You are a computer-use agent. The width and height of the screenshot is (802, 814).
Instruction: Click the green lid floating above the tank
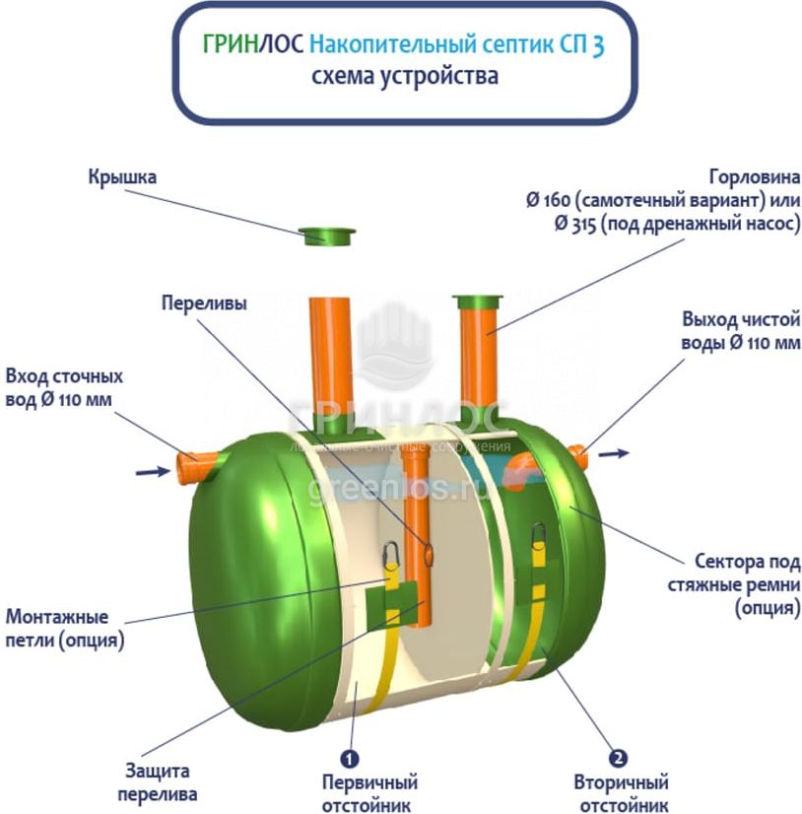[328, 236]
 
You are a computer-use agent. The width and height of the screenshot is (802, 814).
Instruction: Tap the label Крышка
[122, 177]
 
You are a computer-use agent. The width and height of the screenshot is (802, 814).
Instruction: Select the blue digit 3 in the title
[598, 46]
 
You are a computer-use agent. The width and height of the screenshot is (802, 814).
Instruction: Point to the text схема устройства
[404, 76]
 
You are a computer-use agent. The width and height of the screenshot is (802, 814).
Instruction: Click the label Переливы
[204, 304]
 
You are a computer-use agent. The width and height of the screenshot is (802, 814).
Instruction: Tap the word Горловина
[753, 177]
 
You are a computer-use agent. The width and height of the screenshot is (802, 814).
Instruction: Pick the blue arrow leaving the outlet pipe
[613, 453]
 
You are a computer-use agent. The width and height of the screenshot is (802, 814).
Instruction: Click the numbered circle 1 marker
[348, 759]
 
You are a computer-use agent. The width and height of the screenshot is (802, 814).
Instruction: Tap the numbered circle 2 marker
[618, 759]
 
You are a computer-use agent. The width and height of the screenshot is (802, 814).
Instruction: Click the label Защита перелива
[158, 781]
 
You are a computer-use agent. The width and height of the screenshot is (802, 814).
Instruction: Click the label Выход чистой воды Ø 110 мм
[740, 331]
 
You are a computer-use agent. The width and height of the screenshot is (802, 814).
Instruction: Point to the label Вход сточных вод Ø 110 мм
[64, 388]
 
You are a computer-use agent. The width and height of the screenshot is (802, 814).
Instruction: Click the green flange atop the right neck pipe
[477, 300]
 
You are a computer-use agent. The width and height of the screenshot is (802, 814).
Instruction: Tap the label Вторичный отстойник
[621, 793]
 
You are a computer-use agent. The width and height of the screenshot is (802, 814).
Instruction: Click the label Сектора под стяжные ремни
[744, 585]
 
